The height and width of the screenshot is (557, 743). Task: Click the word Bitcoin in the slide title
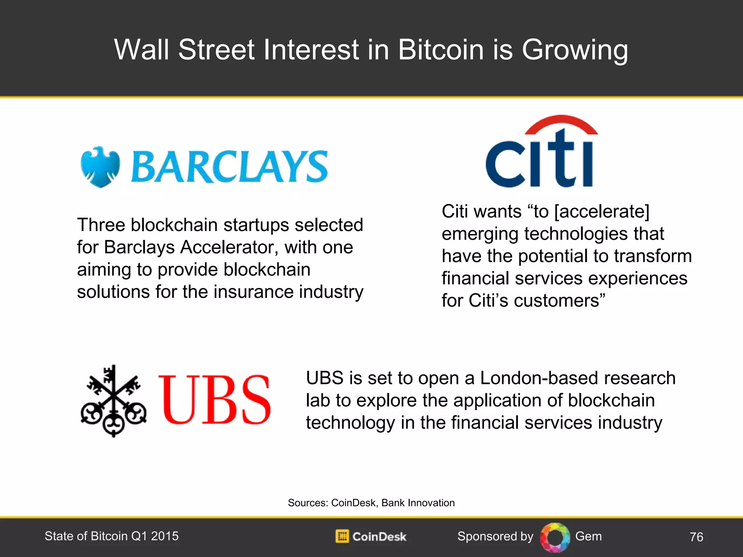point(441,50)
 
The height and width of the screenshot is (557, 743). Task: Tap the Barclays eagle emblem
point(100,167)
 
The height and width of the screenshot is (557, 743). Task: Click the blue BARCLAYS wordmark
point(229,167)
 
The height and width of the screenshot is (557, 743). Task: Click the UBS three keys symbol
point(114,401)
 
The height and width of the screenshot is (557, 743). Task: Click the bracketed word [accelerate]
point(602,212)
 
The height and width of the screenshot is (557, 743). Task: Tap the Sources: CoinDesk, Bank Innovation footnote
point(371,503)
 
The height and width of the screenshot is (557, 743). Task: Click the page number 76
point(696,537)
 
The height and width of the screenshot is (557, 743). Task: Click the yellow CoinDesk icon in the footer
point(342,536)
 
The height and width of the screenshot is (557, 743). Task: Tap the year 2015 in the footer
point(165,536)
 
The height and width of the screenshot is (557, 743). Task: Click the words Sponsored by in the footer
point(495,536)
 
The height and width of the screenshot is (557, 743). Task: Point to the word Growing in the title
point(575,50)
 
